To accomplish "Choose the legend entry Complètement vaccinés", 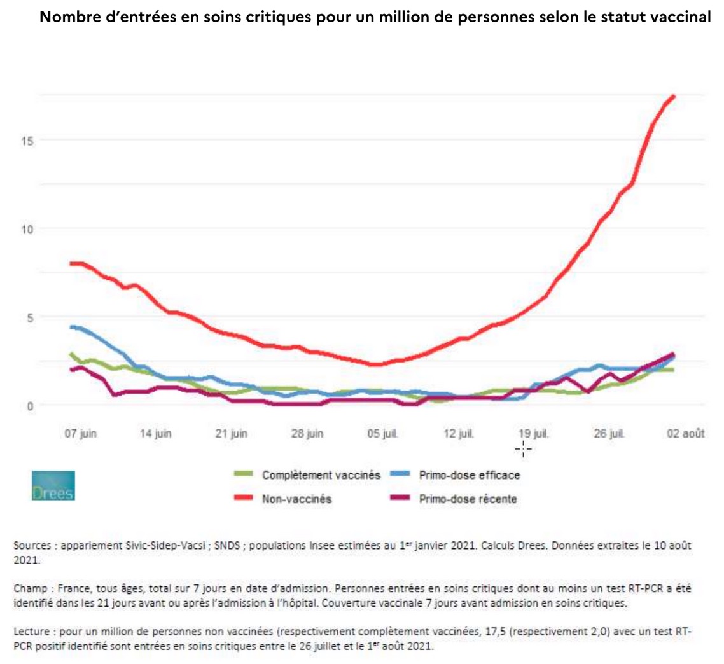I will (321, 474).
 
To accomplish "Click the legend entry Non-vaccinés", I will (297, 499).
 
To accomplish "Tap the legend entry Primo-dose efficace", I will (470, 474).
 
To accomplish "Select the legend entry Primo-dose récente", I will (468, 499).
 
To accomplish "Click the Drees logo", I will (53, 485).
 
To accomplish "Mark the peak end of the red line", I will (673, 96).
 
